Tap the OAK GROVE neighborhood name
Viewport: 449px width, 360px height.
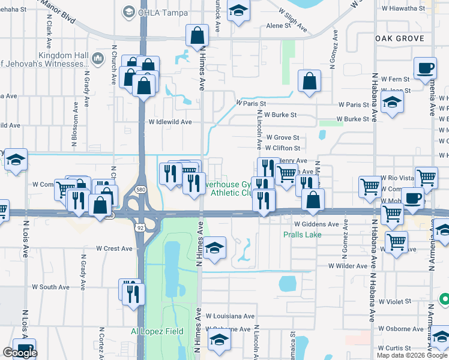tap(399, 38)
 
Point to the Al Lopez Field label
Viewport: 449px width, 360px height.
tap(155, 331)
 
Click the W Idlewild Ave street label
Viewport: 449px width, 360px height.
tap(170, 122)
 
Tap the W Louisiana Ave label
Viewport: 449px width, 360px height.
tap(230, 316)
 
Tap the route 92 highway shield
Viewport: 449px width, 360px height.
tap(140, 228)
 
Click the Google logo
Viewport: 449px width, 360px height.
tap(20, 353)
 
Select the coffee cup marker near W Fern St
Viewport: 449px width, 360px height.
tap(425, 67)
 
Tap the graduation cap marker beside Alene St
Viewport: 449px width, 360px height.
tap(239, 11)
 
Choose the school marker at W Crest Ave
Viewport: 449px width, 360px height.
tap(214, 248)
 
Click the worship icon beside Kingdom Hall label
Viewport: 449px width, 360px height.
tap(97, 58)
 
